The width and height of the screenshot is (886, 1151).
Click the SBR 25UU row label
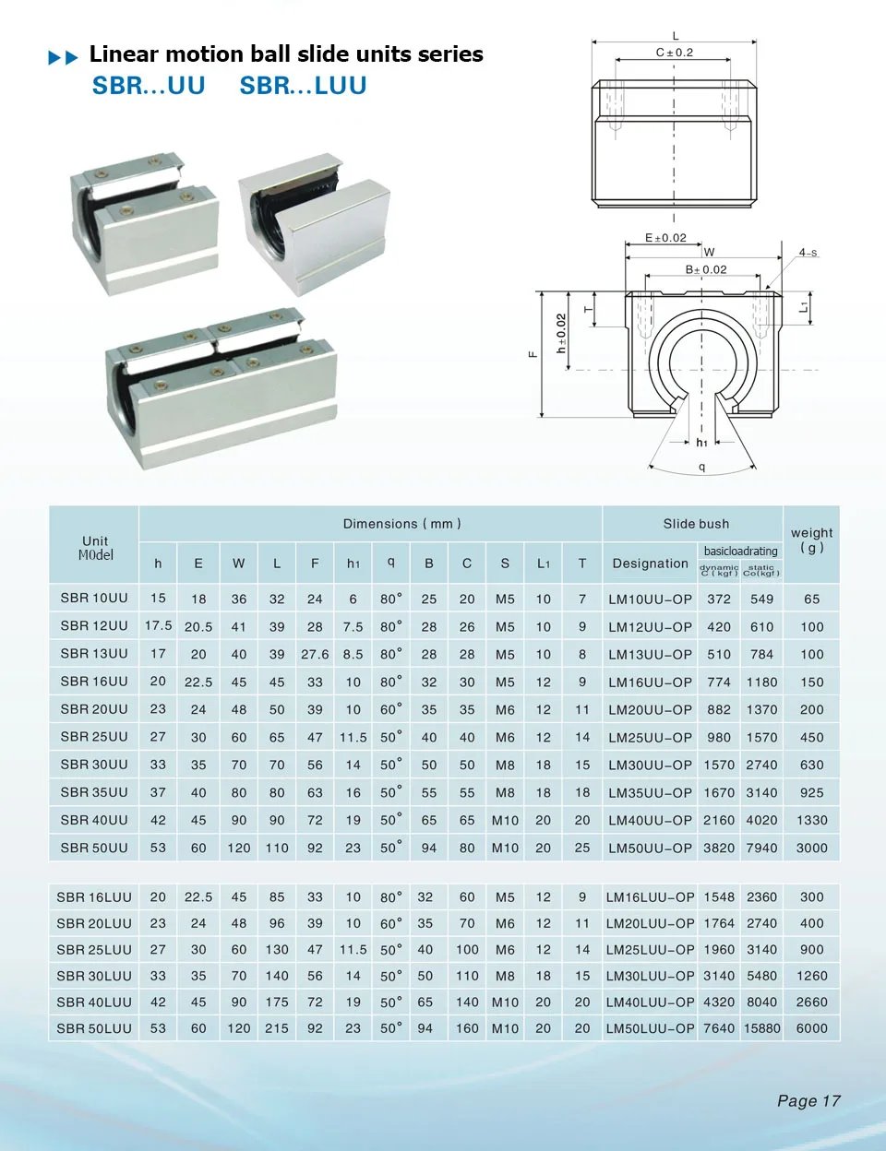pos(93,737)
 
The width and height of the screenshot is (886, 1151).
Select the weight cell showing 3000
pos(811,848)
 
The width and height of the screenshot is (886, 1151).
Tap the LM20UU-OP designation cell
pos(650,709)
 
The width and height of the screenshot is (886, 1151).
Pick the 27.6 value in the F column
pos(315,654)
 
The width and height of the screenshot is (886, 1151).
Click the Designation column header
pos(650,564)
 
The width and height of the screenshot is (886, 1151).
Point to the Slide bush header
pos(696,524)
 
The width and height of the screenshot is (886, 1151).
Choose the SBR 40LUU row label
pos(93,1002)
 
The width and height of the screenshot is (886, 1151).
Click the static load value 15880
pos(761,1028)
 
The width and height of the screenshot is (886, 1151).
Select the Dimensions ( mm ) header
pos(401,524)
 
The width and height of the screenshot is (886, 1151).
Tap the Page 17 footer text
pos(808,1100)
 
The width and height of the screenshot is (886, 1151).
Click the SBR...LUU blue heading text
pos(303,86)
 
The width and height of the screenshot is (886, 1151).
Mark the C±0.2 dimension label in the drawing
pos(674,53)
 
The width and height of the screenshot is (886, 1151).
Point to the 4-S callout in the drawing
pos(808,252)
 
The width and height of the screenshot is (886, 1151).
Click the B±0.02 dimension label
pos(705,269)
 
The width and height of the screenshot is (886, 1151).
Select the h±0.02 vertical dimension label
pos(561,333)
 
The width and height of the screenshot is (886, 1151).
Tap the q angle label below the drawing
pos(702,467)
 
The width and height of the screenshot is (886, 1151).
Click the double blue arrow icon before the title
pos(63,58)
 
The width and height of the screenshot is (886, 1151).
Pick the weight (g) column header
pos(811,540)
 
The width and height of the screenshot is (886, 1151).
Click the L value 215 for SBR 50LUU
pos(277,1028)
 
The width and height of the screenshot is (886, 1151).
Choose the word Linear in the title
pos(124,54)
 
